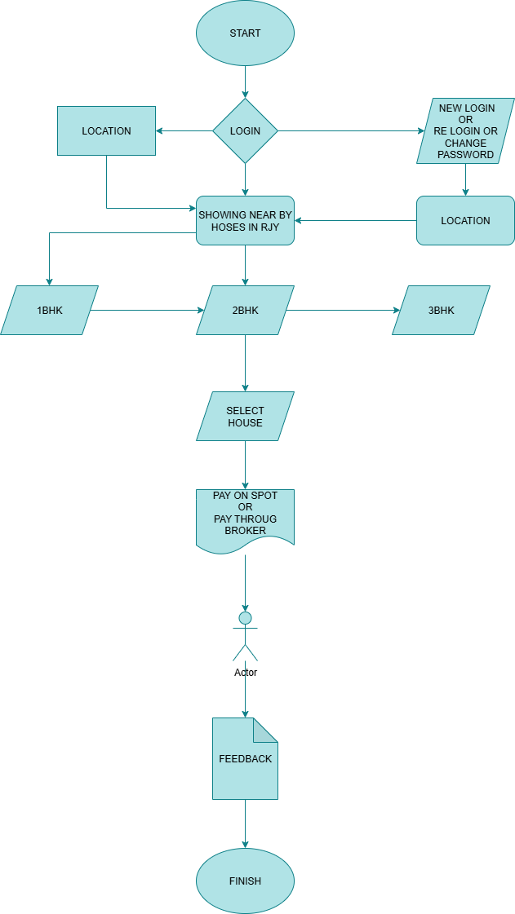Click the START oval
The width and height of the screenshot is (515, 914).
point(245,33)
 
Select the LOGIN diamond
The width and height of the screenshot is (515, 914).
point(245,130)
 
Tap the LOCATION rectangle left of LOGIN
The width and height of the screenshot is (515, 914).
point(106,130)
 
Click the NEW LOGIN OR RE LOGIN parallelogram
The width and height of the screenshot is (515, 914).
point(465,130)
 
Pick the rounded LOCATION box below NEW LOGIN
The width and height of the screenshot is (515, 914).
point(465,220)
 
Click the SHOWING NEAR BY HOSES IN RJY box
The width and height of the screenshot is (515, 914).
point(245,220)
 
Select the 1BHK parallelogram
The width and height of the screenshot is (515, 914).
point(49,310)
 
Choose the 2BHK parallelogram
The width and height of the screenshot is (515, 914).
point(245,310)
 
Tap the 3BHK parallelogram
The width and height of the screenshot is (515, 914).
point(441,310)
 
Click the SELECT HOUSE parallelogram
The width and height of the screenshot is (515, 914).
point(245,416)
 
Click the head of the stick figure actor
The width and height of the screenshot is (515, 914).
point(245,617)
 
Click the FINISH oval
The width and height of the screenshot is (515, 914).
point(245,881)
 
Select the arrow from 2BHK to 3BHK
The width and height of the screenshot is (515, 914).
point(343,310)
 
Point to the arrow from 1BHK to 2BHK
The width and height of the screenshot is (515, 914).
point(147,310)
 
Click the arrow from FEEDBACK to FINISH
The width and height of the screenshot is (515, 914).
point(245,823)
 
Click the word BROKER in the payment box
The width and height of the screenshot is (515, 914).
point(245,531)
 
